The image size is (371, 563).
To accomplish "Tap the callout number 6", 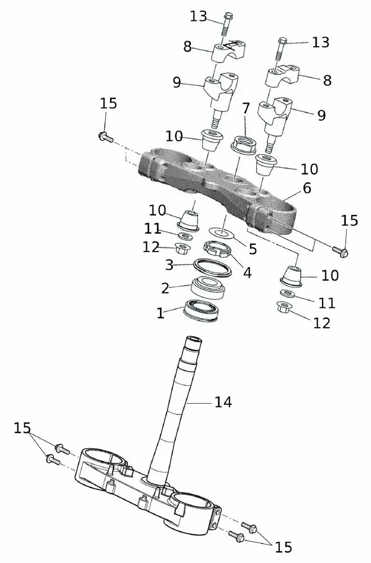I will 307,189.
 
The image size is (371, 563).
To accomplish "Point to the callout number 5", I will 252,248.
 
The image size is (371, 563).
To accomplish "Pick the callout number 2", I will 165,288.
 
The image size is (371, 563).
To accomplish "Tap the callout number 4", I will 247,273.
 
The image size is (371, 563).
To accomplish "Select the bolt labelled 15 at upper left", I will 105,136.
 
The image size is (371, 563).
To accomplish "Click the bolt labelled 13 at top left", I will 227,23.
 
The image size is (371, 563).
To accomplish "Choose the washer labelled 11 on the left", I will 184,235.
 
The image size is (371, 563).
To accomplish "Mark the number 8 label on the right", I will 327,81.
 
